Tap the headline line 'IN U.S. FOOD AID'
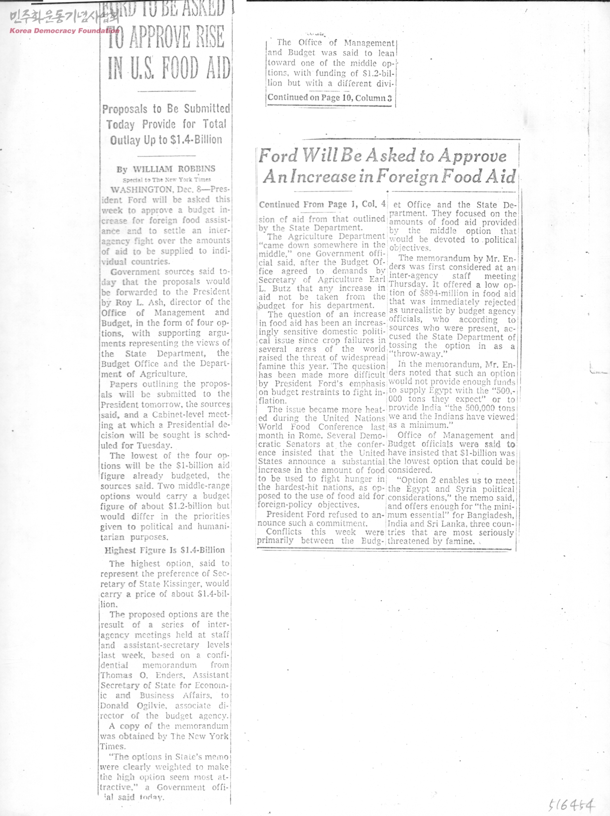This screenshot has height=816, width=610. click(x=169, y=68)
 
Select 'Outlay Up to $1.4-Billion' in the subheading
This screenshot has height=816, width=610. click(x=166, y=140)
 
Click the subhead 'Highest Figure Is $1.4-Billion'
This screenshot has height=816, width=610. click(x=164, y=550)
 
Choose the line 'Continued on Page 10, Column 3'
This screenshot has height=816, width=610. click(x=329, y=98)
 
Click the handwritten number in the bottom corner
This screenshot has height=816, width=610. click(x=572, y=805)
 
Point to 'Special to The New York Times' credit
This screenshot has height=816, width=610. click(x=166, y=180)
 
